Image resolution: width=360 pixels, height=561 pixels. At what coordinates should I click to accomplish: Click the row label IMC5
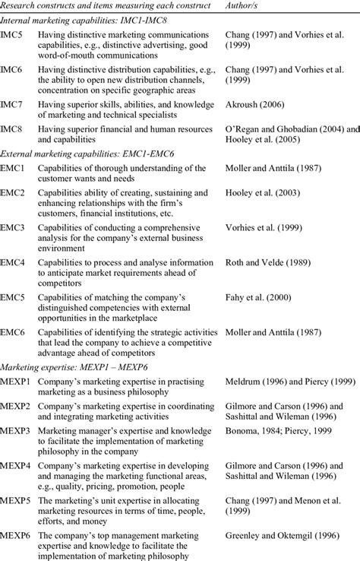pyautogui.click(x=11, y=35)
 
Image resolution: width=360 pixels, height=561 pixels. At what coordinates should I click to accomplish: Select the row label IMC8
pyautogui.click(x=11, y=128)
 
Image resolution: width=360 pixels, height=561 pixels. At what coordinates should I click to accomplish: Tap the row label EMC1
pyautogui.click(x=13, y=166)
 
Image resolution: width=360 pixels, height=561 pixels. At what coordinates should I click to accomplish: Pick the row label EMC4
pyautogui.click(x=13, y=262)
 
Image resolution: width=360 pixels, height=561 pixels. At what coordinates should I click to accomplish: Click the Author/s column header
pyautogui.click(x=245, y=6)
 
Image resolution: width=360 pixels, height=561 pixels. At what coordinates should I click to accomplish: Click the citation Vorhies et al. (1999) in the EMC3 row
pyautogui.click(x=266, y=227)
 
